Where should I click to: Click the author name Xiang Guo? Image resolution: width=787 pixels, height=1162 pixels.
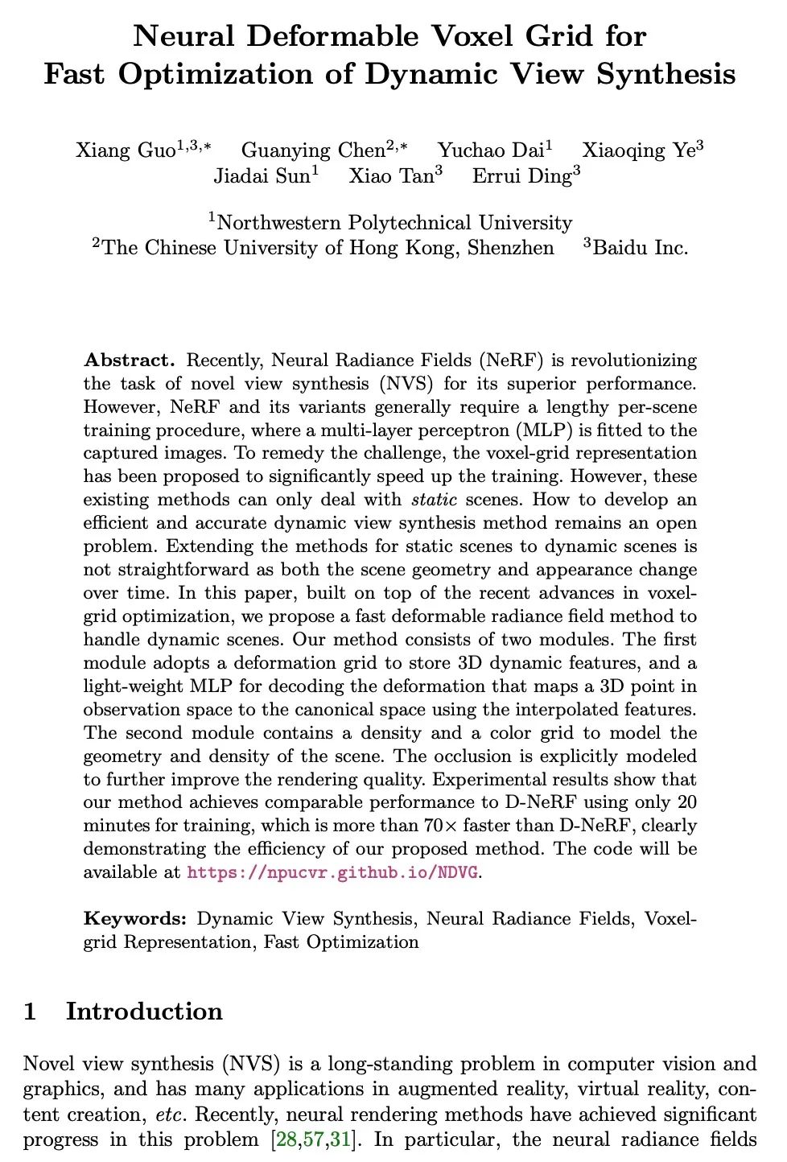[125, 150]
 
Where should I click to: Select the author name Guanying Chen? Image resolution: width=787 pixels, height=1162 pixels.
[314, 150]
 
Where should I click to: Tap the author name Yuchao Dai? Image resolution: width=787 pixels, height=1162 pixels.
[491, 150]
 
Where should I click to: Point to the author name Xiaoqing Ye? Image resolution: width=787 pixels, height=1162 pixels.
[639, 150]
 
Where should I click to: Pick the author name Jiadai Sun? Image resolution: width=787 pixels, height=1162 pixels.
[262, 176]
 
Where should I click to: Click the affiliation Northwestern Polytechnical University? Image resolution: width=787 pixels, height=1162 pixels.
[394, 223]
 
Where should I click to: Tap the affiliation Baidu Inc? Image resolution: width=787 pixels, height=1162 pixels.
[641, 248]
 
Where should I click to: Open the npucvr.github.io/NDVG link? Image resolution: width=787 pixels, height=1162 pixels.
[333, 872]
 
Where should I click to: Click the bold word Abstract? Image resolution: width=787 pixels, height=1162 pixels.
[129, 360]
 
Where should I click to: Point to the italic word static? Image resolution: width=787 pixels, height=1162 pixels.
[435, 500]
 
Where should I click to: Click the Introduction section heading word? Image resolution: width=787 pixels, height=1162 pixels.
[144, 1012]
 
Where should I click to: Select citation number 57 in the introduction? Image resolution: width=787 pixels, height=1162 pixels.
[309, 1140]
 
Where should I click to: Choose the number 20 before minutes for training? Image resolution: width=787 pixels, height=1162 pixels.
[686, 802]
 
